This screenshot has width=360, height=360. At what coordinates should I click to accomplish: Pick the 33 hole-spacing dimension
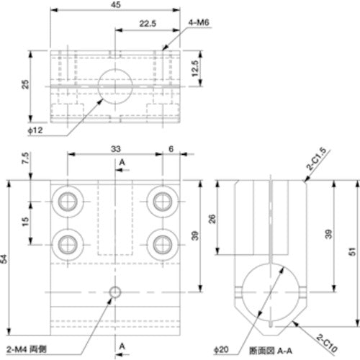coord(116,148)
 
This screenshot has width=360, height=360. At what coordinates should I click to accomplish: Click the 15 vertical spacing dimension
coord(27,222)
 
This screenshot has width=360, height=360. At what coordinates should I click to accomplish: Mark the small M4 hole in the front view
coord(114,292)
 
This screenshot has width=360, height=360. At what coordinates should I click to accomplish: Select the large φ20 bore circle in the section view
coord(271,293)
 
